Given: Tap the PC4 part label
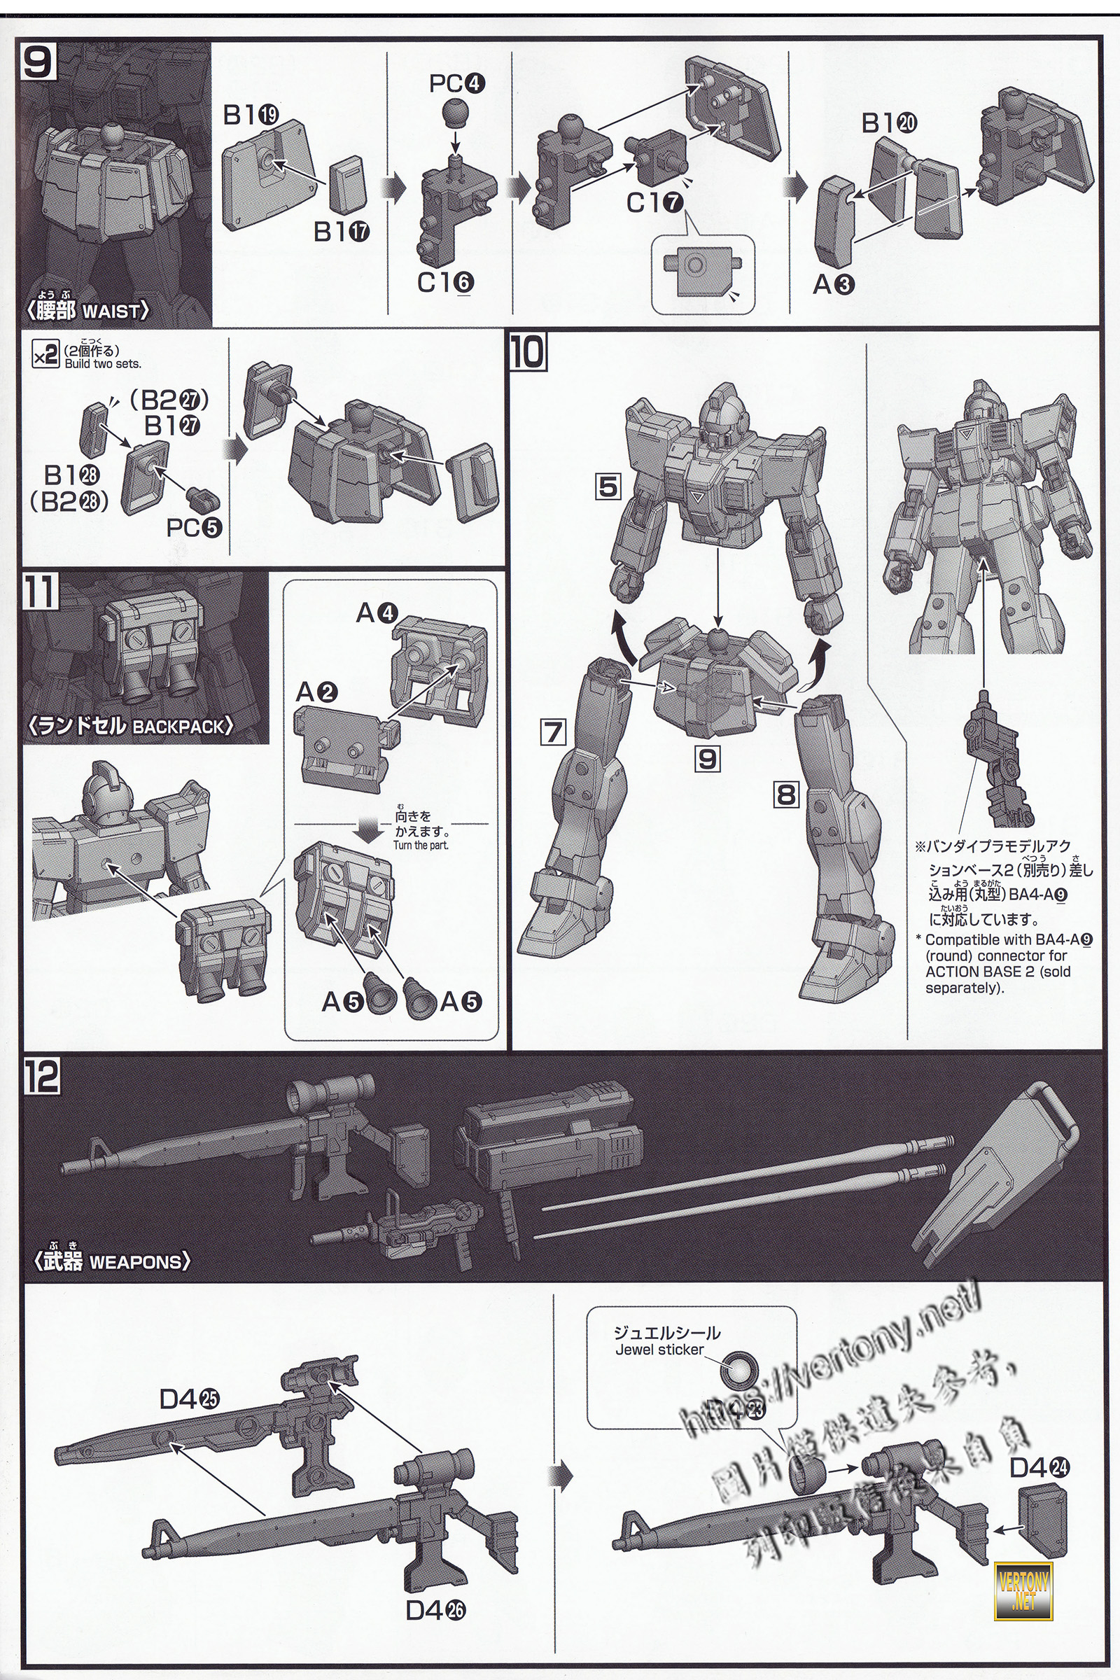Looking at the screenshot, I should pos(457,84).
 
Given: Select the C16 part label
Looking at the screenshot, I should pos(446,283).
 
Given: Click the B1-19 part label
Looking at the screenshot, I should pos(250,115).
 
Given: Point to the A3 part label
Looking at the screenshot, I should pos(833,285).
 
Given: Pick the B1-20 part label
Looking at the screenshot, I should pos(888,124).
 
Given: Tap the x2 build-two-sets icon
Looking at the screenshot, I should pos(45,355).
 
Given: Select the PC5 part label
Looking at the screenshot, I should pos(195,527).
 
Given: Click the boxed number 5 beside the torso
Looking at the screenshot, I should pos(608,487).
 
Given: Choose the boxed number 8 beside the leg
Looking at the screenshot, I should pos(785,794).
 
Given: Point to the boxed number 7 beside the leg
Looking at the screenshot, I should pos(554,733).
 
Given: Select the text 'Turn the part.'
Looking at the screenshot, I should pos(421,845).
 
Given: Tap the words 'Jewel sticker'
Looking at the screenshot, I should pos(659,1350).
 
